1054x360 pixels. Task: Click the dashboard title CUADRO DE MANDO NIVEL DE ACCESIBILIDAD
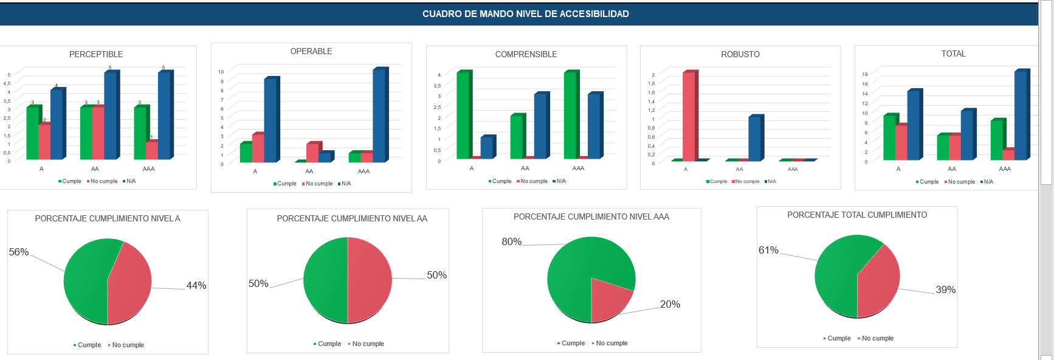(x=525, y=14)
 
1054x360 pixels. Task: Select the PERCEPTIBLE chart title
(x=96, y=54)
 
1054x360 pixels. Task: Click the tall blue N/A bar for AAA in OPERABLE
(x=379, y=116)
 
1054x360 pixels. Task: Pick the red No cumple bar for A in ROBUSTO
(x=689, y=116)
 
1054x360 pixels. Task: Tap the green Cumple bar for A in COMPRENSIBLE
(x=463, y=116)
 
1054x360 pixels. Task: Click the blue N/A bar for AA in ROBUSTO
(x=754, y=138)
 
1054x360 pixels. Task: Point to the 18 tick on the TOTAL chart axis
(x=864, y=74)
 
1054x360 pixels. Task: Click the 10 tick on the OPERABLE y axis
(x=221, y=72)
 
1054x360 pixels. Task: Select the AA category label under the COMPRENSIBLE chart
(x=525, y=168)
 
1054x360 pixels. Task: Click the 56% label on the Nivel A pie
(x=19, y=252)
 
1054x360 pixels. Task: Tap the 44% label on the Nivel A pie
(x=196, y=285)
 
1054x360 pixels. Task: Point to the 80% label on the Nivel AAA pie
(x=512, y=241)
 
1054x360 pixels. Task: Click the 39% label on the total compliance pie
(x=945, y=289)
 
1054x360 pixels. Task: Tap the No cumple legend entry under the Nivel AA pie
(x=368, y=344)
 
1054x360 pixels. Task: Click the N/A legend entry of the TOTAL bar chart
(x=988, y=182)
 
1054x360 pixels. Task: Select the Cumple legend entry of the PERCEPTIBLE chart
(x=71, y=181)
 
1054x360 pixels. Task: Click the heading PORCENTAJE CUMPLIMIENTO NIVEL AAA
(x=591, y=216)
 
